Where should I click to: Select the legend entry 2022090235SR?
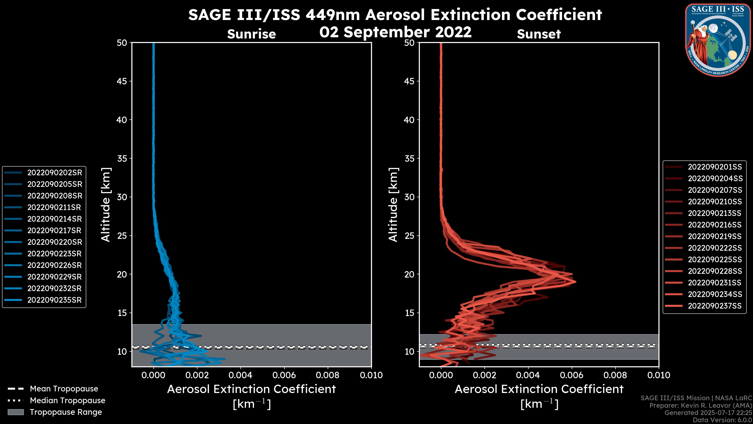tap(54, 300)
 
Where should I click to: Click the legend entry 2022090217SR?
tap(54, 231)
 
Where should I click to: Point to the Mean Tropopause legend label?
tap(64, 389)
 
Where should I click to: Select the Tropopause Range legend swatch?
tap(15, 412)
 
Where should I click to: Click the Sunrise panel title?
tap(251, 34)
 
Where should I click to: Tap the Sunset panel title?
tap(539, 34)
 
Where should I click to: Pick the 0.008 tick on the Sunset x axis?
tap(615, 375)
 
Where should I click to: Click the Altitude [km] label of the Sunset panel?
tap(393, 205)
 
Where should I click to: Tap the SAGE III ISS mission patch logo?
tap(718, 40)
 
